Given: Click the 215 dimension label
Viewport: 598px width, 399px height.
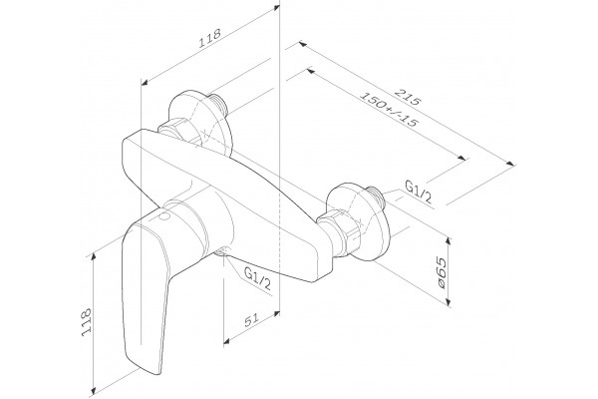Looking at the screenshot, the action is click(x=408, y=97).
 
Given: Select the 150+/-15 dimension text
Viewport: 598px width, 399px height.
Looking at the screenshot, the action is click(x=389, y=110).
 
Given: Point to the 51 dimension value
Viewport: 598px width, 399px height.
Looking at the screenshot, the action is click(x=251, y=320).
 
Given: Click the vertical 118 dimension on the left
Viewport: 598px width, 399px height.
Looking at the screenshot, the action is click(x=86, y=322).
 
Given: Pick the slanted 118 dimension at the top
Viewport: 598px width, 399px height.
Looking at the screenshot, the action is click(x=209, y=38).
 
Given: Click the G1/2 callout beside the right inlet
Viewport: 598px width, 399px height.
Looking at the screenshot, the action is click(x=418, y=193).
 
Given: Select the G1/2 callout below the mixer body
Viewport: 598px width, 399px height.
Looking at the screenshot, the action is click(x=257, y=278).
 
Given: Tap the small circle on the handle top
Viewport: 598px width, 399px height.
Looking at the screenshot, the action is click(x=164, y=217).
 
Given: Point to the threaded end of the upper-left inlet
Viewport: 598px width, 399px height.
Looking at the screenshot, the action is click(x=219, y=103).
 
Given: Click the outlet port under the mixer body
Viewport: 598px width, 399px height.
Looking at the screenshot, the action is click(x=221, y=251).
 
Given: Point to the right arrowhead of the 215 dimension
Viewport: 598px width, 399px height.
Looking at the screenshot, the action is click(x=510, y=163).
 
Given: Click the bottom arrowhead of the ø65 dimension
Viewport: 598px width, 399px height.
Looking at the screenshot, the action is click(x=448, y=301).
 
